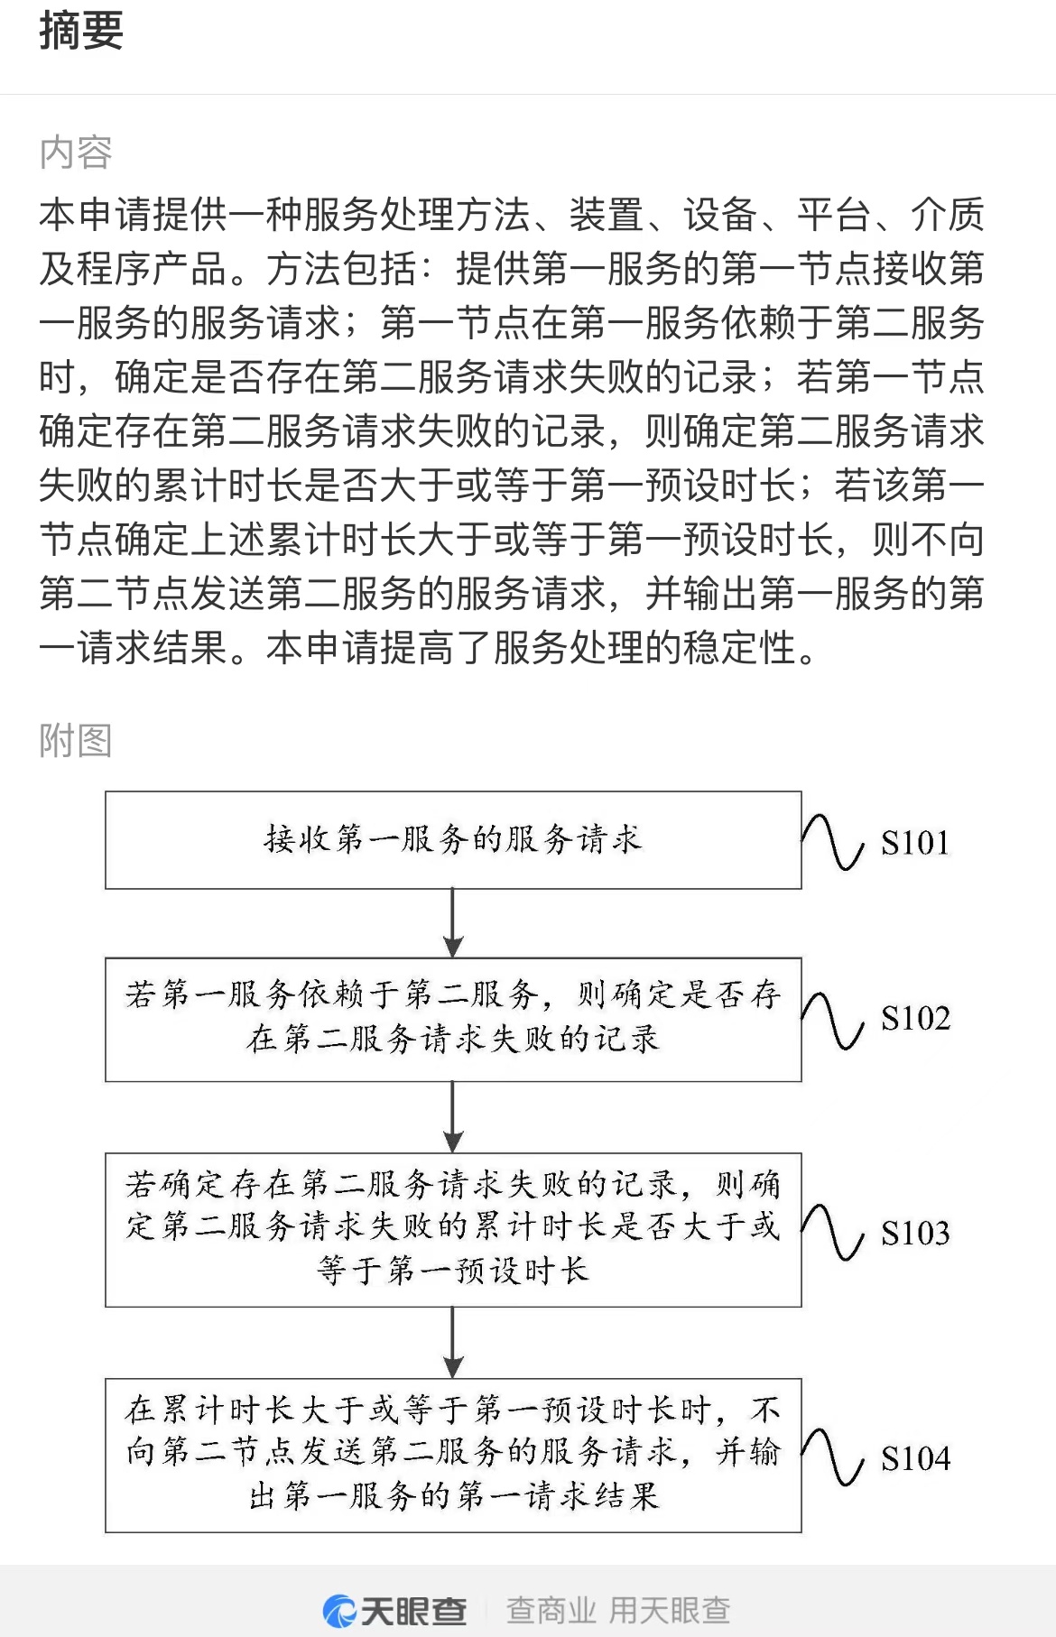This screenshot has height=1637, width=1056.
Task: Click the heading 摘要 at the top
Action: (81, 31)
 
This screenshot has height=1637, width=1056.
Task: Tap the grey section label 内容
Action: (76, 153)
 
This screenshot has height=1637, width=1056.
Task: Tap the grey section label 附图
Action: (76, 741)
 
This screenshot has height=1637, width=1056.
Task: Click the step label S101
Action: (915, 843)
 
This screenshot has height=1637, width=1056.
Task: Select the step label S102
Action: (915, 1019)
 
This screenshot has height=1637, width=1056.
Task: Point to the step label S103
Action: (915, 1233)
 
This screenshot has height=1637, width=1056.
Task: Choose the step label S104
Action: (915, 1458)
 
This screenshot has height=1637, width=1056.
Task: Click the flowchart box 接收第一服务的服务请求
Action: (453, 840)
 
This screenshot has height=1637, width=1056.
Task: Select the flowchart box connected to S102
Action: (453, 1020)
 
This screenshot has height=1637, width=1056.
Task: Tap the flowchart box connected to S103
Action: (453, 1229)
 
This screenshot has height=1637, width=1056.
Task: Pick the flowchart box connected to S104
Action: (453, 1455)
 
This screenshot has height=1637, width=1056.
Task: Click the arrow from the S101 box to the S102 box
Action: (453, 923)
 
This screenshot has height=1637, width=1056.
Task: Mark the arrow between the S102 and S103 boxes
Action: (453, 1117)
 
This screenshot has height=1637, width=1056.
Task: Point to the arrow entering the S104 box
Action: (453, 1343)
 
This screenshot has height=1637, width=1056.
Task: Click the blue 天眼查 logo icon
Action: (340, 1611)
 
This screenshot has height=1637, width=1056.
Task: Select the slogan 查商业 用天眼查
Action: (618, 1611)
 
